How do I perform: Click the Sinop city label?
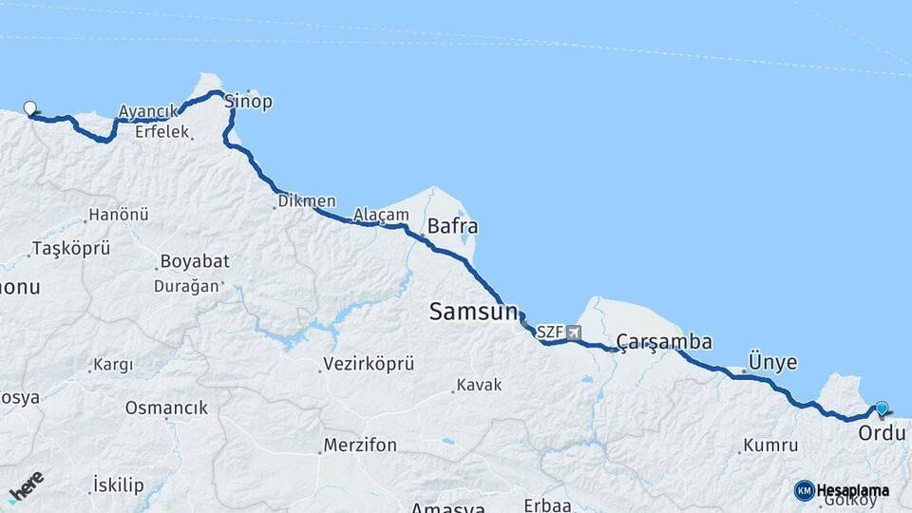(249, 102)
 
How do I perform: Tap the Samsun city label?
(473, 311)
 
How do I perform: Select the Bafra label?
(452, 227)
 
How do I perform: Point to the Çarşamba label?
(664, 342)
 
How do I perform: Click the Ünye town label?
(772, 362)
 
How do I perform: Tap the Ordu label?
(883, 433)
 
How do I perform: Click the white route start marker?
(30, 108)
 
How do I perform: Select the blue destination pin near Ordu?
(882, 408)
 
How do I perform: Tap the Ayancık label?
(147, 112)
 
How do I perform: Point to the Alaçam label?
(380, 216)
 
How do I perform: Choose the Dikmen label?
(307, 201)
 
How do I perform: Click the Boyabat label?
(190, 261)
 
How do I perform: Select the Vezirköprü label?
(370, 364)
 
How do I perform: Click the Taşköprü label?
(71, 249)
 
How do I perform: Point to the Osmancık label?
(166, 408)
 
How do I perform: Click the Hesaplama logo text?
(852, 491)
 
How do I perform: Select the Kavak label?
(479, 385)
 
